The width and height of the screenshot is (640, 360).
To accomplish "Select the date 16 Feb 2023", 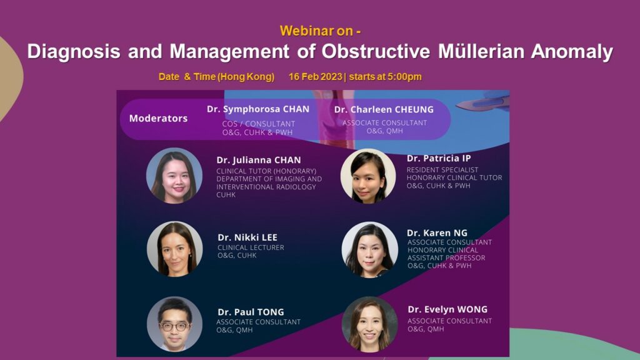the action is point(315,77).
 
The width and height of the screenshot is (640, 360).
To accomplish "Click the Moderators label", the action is point(158,118).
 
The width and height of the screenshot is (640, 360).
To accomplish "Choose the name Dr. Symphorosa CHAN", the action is point(258,109).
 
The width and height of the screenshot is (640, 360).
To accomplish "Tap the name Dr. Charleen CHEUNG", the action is point(384,109).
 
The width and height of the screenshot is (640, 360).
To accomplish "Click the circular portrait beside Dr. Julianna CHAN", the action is point(174,176).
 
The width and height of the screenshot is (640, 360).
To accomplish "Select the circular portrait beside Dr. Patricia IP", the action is point(368,176).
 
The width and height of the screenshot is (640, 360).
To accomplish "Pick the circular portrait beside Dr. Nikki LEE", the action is point(175,249).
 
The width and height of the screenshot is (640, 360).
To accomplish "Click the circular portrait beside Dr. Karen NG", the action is point(370,250).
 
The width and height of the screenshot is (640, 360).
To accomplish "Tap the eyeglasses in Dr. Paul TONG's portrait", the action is point(174,326).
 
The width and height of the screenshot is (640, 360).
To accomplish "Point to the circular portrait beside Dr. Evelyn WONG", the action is point(370,324).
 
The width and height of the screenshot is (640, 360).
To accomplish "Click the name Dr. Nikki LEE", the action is point(247,237).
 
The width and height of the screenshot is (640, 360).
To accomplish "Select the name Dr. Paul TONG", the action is point(251,312).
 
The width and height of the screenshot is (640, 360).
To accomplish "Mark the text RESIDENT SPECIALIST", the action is point(442,170).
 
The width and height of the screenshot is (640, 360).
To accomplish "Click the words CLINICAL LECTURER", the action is point(251,247).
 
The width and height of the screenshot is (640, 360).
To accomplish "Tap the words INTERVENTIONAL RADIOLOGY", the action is point(266,187).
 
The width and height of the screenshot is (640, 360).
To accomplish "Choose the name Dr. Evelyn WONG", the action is point(447,309).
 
